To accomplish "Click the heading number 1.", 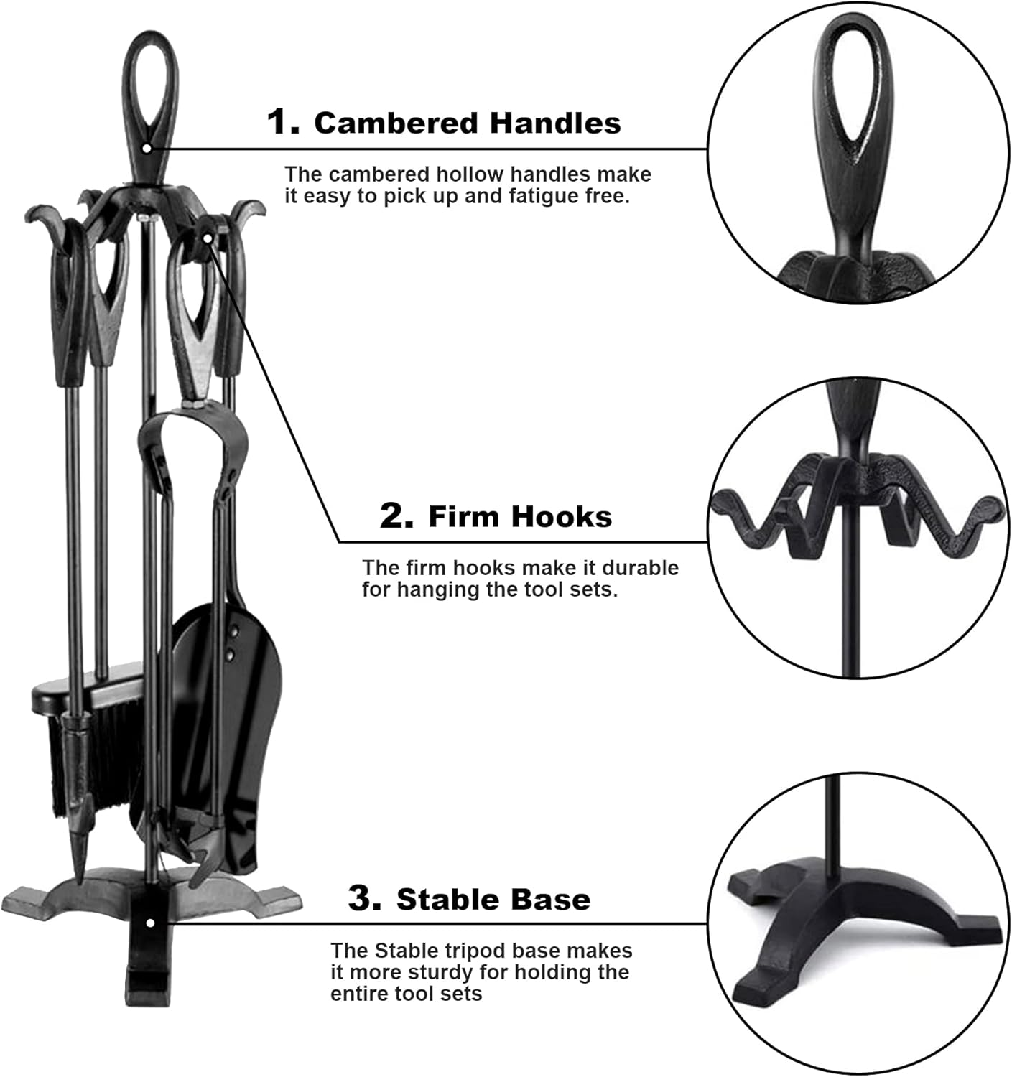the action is [282, 122].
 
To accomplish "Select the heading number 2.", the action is [396, 516].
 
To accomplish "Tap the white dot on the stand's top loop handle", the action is [147, 148].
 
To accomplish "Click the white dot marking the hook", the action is [208, 238].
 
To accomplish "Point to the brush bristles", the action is [92, 759].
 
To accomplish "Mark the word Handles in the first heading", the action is [555, 123].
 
